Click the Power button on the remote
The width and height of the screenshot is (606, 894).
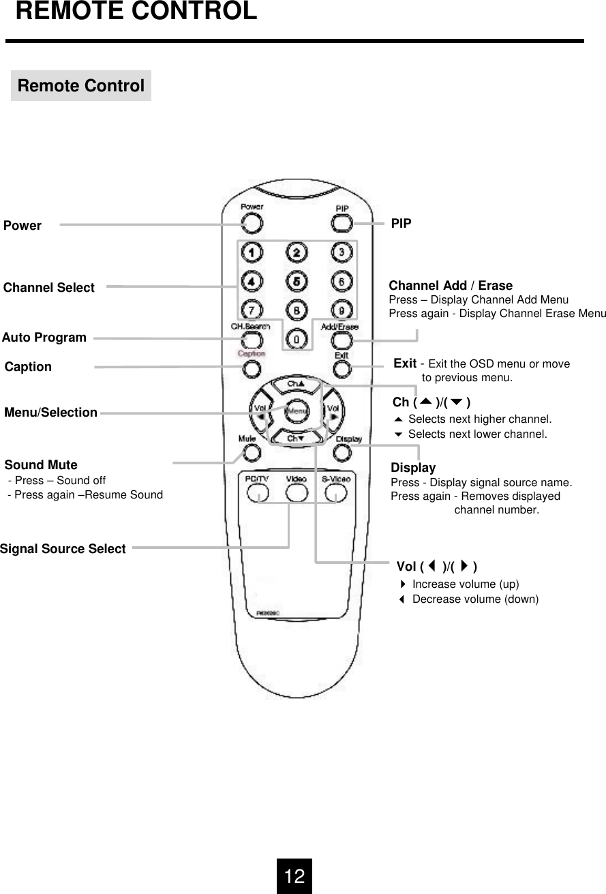point(251,223)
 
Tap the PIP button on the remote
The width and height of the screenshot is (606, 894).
point(342,223)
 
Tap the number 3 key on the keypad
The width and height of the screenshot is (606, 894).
point(342,253)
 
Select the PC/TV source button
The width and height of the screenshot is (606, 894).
point(257,493)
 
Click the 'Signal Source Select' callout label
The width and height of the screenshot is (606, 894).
point(63,549)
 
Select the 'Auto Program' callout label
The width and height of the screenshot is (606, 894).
point(44,338)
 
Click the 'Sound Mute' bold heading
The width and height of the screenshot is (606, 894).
point(41,465)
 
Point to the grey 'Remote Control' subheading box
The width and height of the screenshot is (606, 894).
point(80,86)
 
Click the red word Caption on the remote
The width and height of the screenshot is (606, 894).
point(251,354)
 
